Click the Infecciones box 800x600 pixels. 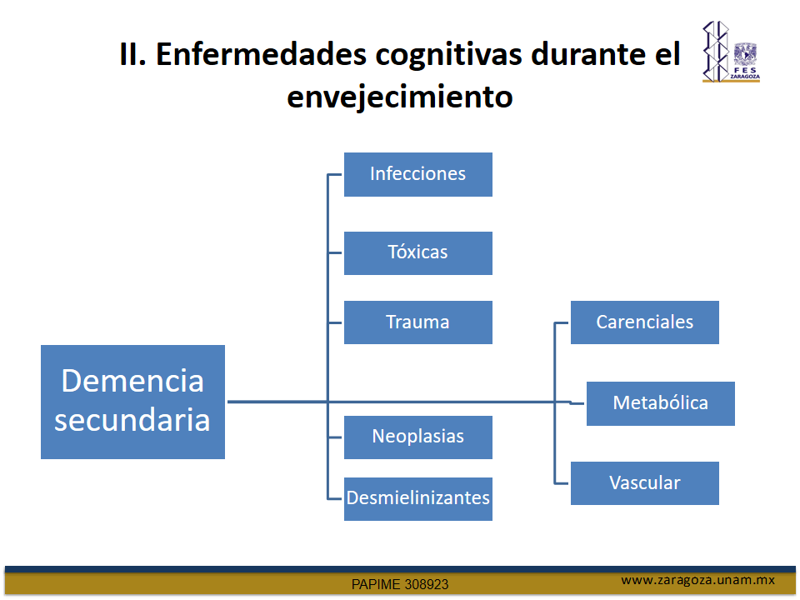point(417,174)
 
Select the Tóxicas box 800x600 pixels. point(417,253)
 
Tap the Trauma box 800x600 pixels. point(417,322)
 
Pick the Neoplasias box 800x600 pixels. point(417,437)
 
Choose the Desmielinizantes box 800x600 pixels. point(417,499)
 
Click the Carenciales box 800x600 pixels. point(644,322)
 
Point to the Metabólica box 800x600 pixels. point(660,403)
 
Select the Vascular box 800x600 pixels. point(644,483)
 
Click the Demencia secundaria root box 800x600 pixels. point(132,402)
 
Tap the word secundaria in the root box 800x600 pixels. point(132,420)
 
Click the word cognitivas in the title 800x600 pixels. point(448,55)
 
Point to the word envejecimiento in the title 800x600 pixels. point(399,97)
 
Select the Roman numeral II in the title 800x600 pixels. point(132,54)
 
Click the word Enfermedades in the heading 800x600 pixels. point(261,54)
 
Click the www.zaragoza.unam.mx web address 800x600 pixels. point(697,580)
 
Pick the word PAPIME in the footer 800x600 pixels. point(375,584)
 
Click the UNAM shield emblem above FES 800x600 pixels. point(745,54)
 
